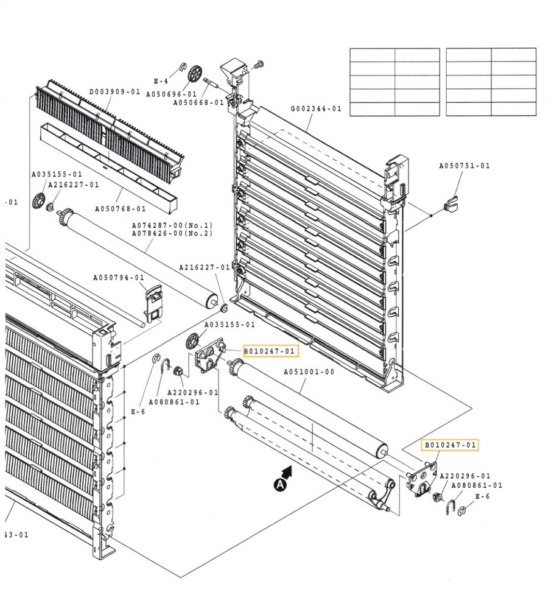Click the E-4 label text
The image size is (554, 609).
(x=161, y=81)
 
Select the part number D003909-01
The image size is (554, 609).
(x=115, y=92)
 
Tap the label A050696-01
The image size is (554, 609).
(x=170, y=94)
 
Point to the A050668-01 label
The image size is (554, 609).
(x=198, y=103)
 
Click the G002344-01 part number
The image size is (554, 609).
(x=316, y=109)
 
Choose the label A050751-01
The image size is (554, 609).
(x=465, y=166)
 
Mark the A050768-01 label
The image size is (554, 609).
(x=121, y=209)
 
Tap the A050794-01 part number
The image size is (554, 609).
(x=119, y=278)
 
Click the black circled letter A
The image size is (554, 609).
(x=279, y=485)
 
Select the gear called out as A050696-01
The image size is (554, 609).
(x=195, y=74)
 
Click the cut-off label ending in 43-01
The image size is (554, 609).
(x=16, y=535)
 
